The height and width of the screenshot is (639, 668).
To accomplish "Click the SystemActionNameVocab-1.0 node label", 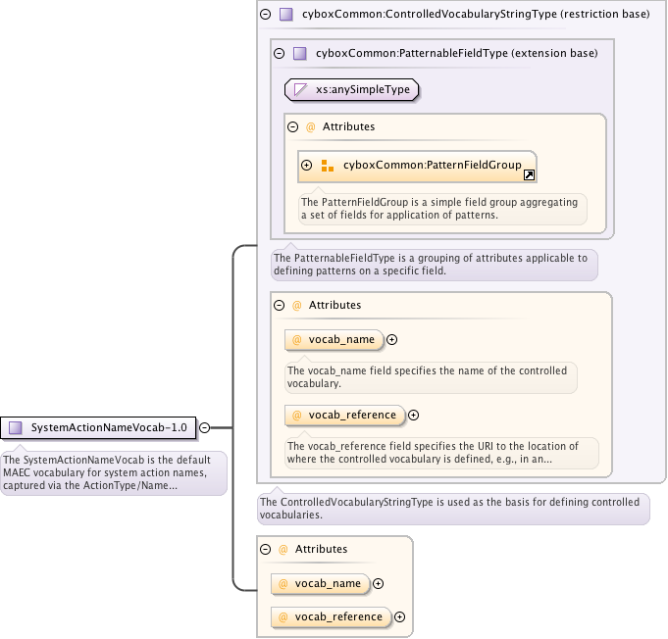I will click(x=108, y=427).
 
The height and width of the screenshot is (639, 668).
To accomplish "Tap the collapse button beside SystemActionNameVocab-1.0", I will click(x=205, y=427).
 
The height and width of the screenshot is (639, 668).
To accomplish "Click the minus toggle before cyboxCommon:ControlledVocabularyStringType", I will click(x=266, y=15).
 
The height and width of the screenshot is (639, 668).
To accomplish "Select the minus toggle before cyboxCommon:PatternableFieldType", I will click(x=280, y=53).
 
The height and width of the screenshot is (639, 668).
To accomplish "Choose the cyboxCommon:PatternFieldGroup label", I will click(x=432, y=166).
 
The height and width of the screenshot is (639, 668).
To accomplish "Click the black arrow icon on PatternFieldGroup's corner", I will click(x=529, y=174).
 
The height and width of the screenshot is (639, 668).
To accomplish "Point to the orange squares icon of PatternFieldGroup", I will click(x=328, y=166).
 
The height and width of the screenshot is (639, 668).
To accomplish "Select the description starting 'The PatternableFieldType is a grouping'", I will click(x=433, y=265).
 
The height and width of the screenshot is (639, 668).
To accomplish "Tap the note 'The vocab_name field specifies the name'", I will click(x=429, y=377).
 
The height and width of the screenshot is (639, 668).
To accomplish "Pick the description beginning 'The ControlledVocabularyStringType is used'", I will click(x=452, y=508).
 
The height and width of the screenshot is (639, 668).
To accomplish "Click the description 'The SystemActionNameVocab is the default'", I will click(x=113, y=472).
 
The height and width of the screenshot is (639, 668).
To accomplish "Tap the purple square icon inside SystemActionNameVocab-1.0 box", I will click(x=16, y=427).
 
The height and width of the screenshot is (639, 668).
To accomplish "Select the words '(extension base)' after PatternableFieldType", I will click(x=555, y=53).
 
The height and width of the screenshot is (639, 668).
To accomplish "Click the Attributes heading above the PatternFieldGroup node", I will click(x=348, y=126).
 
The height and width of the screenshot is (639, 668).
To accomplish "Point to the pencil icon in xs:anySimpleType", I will click(x=300, y=90).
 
